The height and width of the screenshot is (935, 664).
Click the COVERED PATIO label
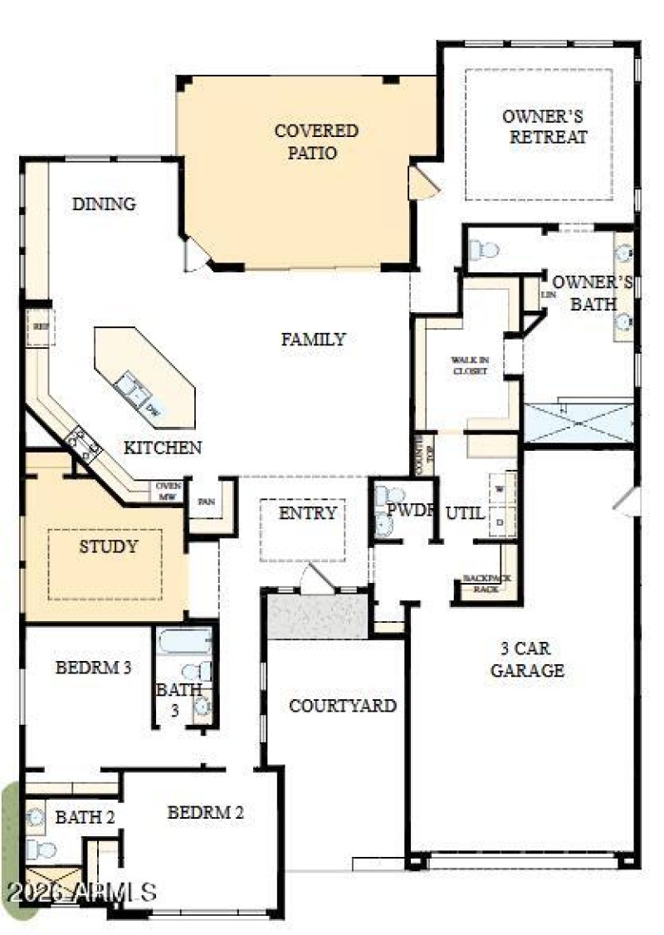(316, 142)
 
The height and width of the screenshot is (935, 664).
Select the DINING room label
(104, 203)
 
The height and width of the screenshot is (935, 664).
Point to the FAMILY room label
(313, 339)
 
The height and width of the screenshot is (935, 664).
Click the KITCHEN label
(163, 448)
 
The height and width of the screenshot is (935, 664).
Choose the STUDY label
(108, 546)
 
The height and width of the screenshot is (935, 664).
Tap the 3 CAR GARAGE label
(527, 658)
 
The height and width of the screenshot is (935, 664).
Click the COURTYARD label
(342, 706)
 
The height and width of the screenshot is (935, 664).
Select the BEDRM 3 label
(93, 667)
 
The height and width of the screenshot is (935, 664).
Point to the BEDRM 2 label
(205, 812)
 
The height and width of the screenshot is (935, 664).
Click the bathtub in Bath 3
(183, 643)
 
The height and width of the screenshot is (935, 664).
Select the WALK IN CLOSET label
(469, 365)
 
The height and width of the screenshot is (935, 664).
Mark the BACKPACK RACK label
(486, 584)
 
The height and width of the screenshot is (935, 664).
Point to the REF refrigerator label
(40, 326)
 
